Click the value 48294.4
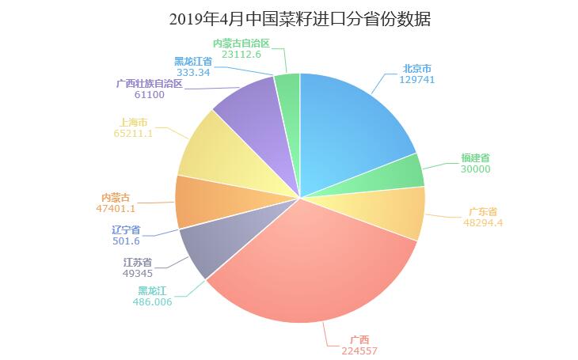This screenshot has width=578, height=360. click(x=483, y=222)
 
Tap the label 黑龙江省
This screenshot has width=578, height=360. click(x=192, y=61)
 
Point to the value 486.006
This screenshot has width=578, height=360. click(x=155, y=301)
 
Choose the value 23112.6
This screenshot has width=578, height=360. click(x=241, y=54)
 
